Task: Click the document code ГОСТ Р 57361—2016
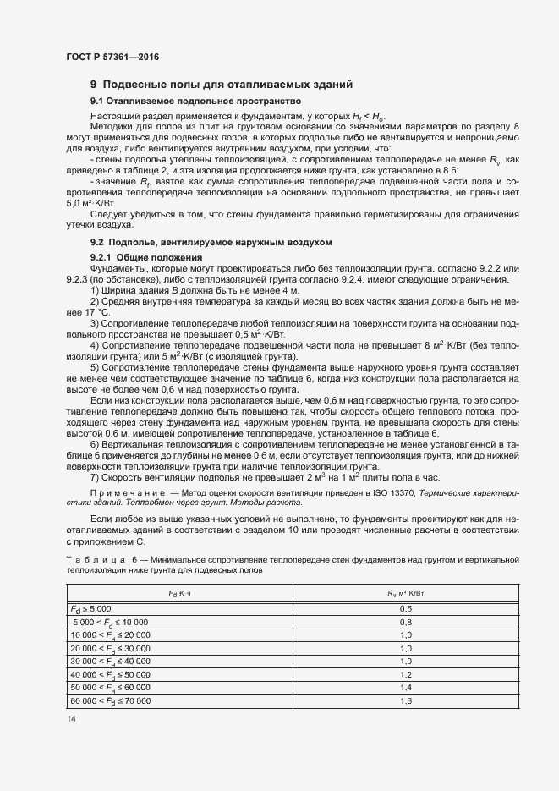click(112, 57)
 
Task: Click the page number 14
click(71, 718)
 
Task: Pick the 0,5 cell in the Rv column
click(404, 609)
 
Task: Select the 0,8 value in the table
click(404, 622)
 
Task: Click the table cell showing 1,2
click(404, 673)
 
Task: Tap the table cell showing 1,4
click(404, 686)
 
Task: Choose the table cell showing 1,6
click(404, 700)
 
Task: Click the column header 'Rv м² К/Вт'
click(404, 594)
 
